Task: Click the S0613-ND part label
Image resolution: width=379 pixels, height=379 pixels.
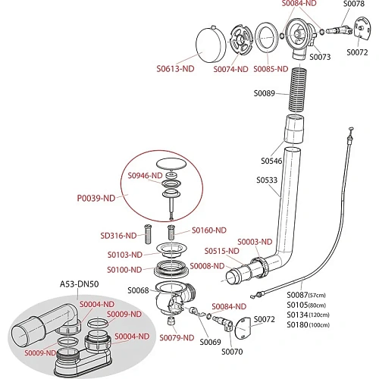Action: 175,69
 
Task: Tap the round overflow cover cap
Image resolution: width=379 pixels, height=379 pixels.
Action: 211,45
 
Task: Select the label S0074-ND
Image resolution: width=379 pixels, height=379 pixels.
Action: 230,69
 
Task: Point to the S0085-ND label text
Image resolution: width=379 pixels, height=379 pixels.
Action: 271,69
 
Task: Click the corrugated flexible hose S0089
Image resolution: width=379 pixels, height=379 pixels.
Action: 298,89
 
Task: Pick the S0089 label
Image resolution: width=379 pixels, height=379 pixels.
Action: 264,93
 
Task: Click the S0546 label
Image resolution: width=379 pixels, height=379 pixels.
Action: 271,161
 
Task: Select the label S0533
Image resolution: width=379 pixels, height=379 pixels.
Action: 267,180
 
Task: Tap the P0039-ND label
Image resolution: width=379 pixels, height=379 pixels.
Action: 96,198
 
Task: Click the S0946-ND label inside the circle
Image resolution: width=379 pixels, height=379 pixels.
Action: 145,175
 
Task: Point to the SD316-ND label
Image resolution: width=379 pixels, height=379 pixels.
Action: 118,236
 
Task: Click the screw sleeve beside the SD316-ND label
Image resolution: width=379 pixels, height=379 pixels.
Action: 148,233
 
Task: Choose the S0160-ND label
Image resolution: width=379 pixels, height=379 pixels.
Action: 209,230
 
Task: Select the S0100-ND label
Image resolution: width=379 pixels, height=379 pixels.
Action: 124,270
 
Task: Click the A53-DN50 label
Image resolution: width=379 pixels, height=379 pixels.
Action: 79,284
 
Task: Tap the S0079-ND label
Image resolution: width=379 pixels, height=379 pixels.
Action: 177,338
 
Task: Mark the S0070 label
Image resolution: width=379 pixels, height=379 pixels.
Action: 232,352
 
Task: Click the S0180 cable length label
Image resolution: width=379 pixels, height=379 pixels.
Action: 308,324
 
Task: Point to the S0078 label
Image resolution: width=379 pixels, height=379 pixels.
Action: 354,4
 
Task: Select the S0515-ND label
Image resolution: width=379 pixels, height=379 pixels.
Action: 221,251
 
